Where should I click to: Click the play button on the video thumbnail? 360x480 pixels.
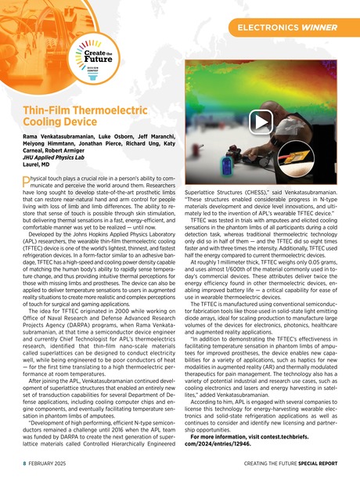coord(261,121)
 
